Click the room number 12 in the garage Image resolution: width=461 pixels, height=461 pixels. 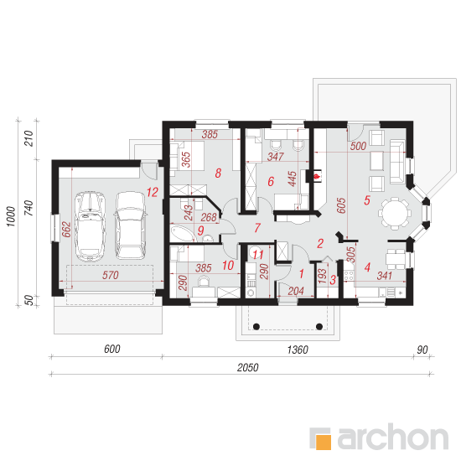pyautogui.click(x=153, y=192)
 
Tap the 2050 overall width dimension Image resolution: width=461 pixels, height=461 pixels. pyautogui.click(x=247, y=367)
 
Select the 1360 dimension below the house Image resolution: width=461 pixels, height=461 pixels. pyautogui.click(x=298, y=350)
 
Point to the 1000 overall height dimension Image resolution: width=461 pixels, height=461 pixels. pyautogui.click(x=11, y=216)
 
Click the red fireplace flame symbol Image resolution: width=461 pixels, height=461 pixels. pyautogui.click(x=317, y=177)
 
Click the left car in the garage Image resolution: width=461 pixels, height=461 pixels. pyautogui.click(x=90, y=226)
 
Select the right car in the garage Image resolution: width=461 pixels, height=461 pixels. pyautogui.click(x=130, y=225)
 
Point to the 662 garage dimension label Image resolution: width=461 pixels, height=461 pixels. pyautogui.click(x=67, y=230)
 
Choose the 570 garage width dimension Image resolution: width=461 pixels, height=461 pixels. pyautogui.click(x=111, y=275)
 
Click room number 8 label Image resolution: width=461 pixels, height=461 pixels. pyautogui.click(x=218, y=174)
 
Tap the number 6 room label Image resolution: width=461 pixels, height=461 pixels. pyautogui.click(x=271, y=181)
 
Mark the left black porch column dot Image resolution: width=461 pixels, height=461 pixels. pyautogui.click(x=256, y=326)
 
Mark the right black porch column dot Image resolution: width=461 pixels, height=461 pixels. pyautogui.click(x=319, y=326)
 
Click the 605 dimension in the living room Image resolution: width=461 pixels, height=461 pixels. pyautogui.click(x=341, y=205)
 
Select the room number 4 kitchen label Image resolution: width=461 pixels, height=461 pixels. pyautogui.click(x=367, y=267)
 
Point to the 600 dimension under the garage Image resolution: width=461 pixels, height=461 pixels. pyautogui.click(x=112, y=349)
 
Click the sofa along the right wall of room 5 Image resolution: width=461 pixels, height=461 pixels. pyautogui.click(x=397, y=163)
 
